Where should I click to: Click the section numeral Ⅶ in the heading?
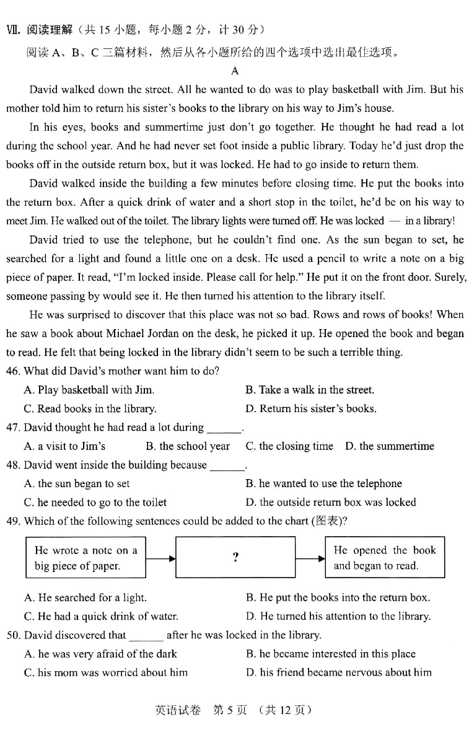[12, 29]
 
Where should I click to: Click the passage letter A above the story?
[234, 71]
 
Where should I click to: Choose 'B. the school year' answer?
[188, 446]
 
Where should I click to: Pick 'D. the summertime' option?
[390, 446]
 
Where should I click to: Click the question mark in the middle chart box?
[235, 557]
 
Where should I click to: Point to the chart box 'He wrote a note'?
[86, 557]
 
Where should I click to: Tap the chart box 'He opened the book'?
[385, 557]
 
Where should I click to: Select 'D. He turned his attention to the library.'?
[338, 616]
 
